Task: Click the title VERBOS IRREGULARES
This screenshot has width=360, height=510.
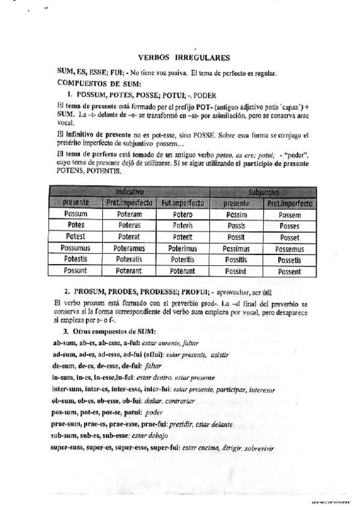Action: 184,58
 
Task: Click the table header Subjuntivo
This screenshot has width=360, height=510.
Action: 263,192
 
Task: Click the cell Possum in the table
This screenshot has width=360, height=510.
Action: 75,214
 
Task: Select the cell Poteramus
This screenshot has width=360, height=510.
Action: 129,248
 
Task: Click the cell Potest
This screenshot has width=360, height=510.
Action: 75,236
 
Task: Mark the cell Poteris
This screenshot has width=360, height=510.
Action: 184,226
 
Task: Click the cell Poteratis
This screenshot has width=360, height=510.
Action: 129,259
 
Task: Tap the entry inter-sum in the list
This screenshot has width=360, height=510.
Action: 69,389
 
